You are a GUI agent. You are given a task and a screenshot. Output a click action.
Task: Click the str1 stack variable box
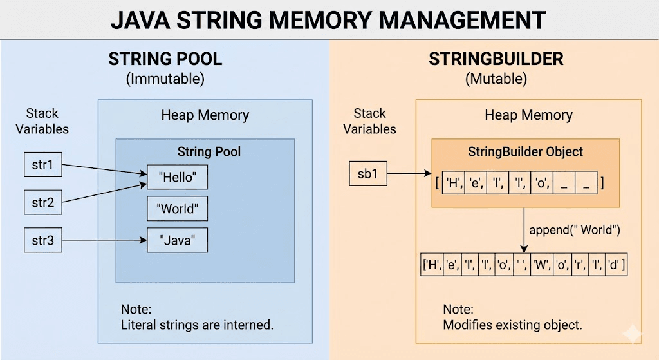(42, 166)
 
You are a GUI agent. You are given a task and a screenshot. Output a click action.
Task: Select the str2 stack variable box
(42, 204)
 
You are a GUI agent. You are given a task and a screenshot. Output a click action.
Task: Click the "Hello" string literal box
(177, 178)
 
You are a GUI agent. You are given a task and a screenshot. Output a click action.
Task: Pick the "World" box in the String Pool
(177, 209)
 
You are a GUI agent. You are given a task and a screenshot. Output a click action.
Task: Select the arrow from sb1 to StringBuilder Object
(409, 173)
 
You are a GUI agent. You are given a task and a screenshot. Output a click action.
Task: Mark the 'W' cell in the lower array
(539, 265)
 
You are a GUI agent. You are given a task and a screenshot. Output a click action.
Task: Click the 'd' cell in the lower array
(613, 265)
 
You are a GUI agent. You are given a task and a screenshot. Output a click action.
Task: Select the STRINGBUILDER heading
(496, 60)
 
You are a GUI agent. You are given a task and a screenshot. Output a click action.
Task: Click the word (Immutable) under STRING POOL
(165, 80)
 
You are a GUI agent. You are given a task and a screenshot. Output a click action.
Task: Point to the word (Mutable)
(496, 80)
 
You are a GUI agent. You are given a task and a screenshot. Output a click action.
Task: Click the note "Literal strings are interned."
(197, 325)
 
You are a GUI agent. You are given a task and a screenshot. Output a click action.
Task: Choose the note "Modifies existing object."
(512, 325)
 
